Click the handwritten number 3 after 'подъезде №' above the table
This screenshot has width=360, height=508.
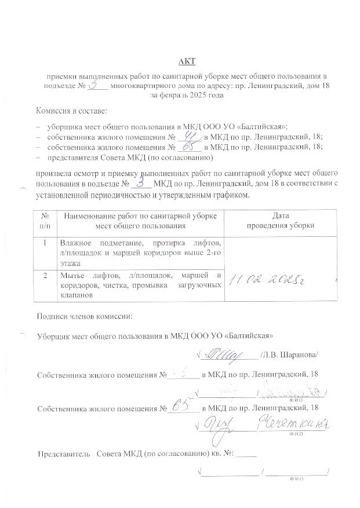[x=140, y=182]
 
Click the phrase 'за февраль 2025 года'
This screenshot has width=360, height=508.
[x=187, y=94]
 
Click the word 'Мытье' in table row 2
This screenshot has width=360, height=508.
[x=72, y=274]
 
